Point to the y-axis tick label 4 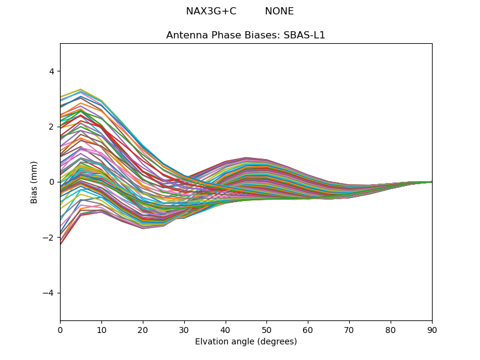click(51, 71)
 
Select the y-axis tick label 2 click(51, 127)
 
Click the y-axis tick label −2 click(49, 238)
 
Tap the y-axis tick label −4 click(49, 293)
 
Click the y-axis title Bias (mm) click(34, 182)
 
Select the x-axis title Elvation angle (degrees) click(246, 341)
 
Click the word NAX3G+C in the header click(211, 11)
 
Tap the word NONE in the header click(279, 11)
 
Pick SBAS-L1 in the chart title click(305, 35)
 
